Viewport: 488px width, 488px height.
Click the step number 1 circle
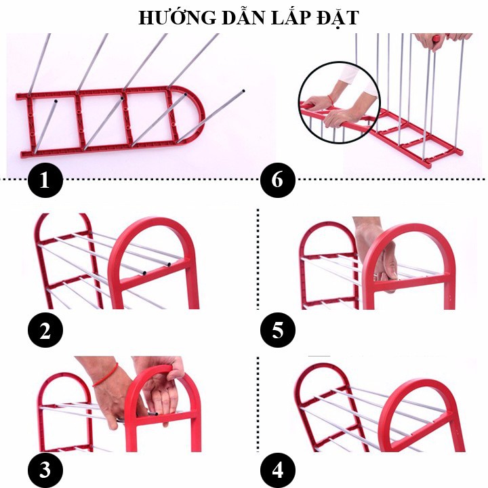click(45, 180)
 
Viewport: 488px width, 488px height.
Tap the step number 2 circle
click(45, 330)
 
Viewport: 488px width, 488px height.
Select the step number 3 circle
click(45, 470)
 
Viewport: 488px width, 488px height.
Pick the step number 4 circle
click(278, 470)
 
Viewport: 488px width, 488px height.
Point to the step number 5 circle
click(278, 330)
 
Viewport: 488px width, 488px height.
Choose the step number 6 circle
click(278, 180)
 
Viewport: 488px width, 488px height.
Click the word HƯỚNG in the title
click(177, 18)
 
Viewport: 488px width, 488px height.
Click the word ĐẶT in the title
click(338, 19)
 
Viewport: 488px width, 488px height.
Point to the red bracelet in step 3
click(106, 375)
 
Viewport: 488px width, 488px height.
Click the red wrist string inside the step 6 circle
click(331, 100)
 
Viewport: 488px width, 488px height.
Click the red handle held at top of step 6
click(437, 39)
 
